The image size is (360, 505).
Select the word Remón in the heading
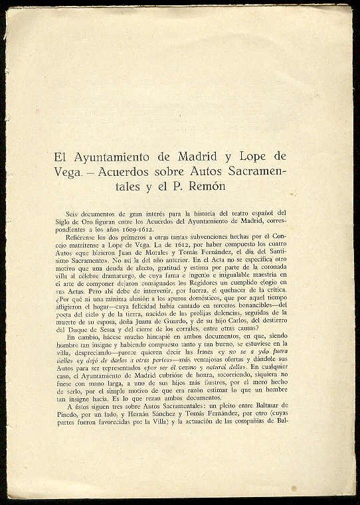pyautogui.click(x=208, y=187)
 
